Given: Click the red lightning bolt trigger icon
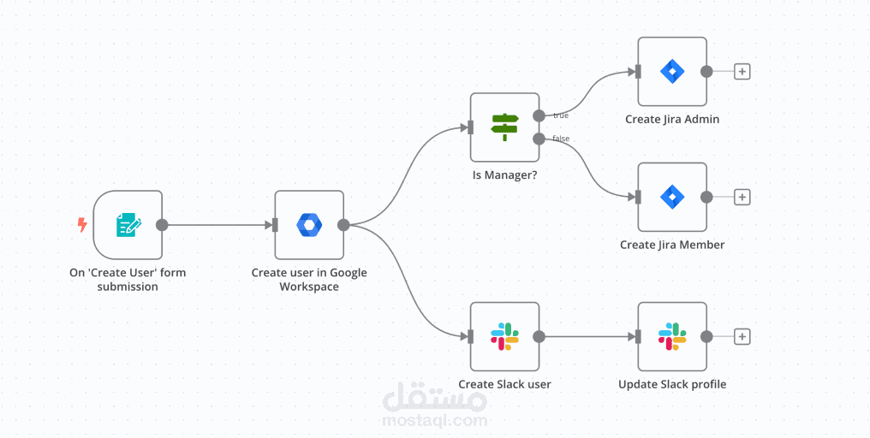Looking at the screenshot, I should pos(82,225).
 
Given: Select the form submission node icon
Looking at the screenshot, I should pos(128,225).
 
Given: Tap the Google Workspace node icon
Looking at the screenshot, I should pos(309,225).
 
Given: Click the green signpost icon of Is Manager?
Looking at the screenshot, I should pos(504,127).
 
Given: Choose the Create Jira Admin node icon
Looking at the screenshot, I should pos(672,71).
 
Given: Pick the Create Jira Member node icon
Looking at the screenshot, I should pos(672,197).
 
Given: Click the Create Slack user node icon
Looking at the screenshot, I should pos(504,336).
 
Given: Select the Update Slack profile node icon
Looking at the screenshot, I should pos(672,336).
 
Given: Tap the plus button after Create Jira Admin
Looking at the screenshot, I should pos(742,71).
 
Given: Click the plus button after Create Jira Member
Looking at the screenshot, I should pos(742,197).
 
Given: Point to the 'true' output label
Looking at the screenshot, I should pos(560,115).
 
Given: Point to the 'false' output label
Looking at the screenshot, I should pos(561,139).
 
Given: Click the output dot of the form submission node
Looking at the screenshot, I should pos(162,225).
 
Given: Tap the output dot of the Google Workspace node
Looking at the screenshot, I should pos(343,225).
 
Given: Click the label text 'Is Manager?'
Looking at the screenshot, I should pos(504,175).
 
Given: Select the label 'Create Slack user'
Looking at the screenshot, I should pos(504,384).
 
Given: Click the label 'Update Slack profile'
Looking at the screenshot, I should pos(672,384).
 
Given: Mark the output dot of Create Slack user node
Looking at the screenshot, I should pos(539,336).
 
